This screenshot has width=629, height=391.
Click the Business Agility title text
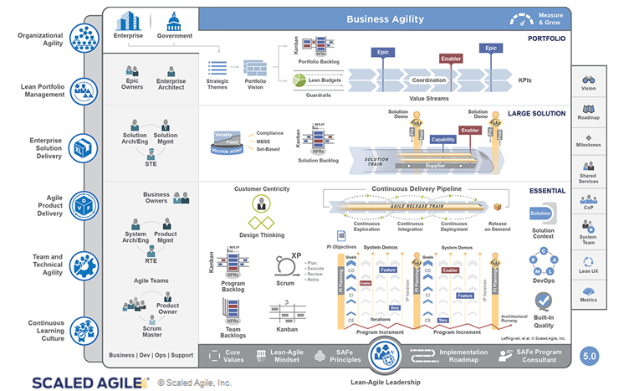(x=385, y=19)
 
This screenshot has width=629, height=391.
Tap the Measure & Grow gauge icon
(x=522, y=18)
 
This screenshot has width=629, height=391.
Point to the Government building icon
(x=174, y=20)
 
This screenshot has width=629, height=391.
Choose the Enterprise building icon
(x=129, y=20)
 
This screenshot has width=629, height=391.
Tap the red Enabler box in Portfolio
(x=451, y=59)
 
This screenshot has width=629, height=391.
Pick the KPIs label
(x=525, y=80)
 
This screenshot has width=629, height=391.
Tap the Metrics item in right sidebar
(x=589, y=294)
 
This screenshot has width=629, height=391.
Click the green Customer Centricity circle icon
(x=261, y=203)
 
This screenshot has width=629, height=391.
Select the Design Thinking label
(x=261, y=235)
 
